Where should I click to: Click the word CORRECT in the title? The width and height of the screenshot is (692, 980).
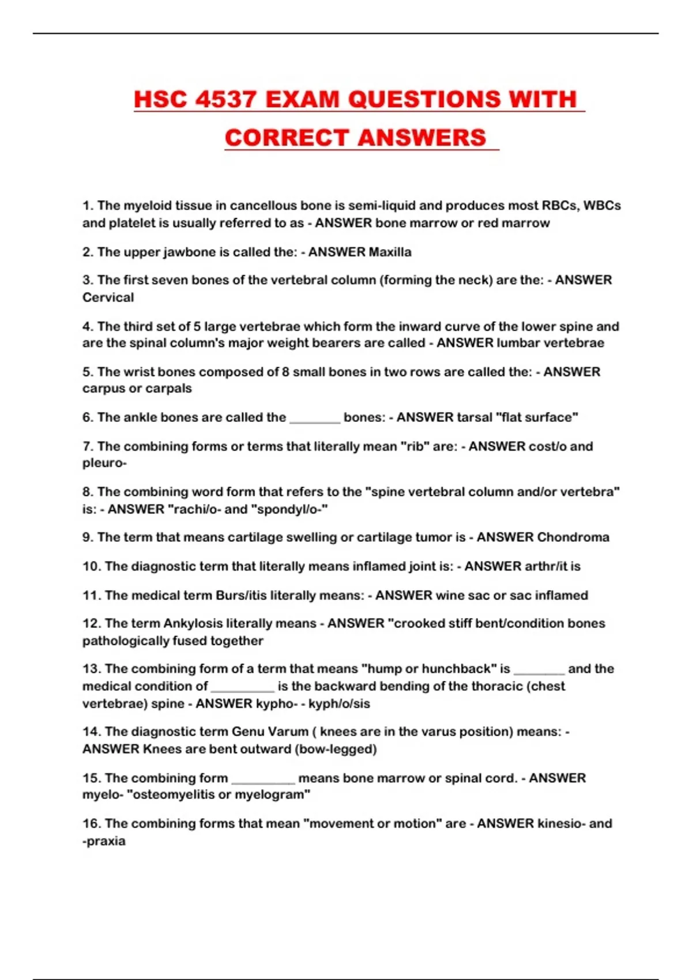pyautogui.click(x=286, y=138)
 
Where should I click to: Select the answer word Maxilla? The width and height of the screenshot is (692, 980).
pyautogui.click(x=390, y=252)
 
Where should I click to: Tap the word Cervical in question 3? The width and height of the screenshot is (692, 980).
pyautogui.click(x=108, y=297)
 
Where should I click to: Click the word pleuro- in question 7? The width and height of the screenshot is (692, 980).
pyautogui.click(x=104, y=463)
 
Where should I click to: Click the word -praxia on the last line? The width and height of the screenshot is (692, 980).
pyautogui.click(x=104, y=840)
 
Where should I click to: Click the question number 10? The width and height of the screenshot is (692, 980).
pyautogui.click(x=91, y=566)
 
